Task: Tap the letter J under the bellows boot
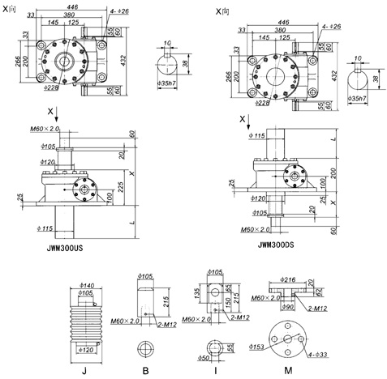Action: coord(84,370)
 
